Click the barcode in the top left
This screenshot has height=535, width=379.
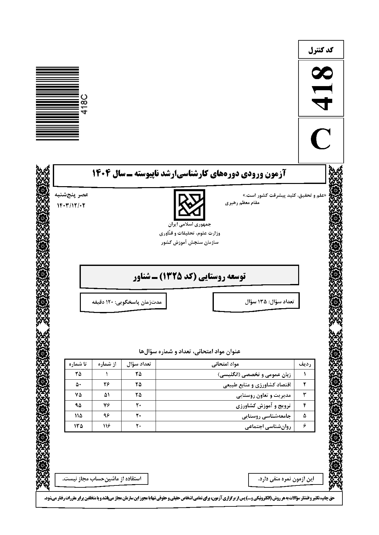57,104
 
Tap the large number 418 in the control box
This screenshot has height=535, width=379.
321,88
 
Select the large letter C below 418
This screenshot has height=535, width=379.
321,140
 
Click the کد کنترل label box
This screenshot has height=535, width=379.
321,50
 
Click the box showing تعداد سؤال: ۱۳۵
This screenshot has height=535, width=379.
256,301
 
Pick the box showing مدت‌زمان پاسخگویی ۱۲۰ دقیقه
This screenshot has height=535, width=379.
123,301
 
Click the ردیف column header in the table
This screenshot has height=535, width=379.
305,364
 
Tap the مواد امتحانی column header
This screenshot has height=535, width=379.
225,364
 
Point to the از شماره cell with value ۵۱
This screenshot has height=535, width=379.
107,395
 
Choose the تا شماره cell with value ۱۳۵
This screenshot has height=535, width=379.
78,426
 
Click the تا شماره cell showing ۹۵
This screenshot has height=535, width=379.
78,406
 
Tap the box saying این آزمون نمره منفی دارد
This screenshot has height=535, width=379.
285,478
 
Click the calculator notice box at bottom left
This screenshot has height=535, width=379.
102,478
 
